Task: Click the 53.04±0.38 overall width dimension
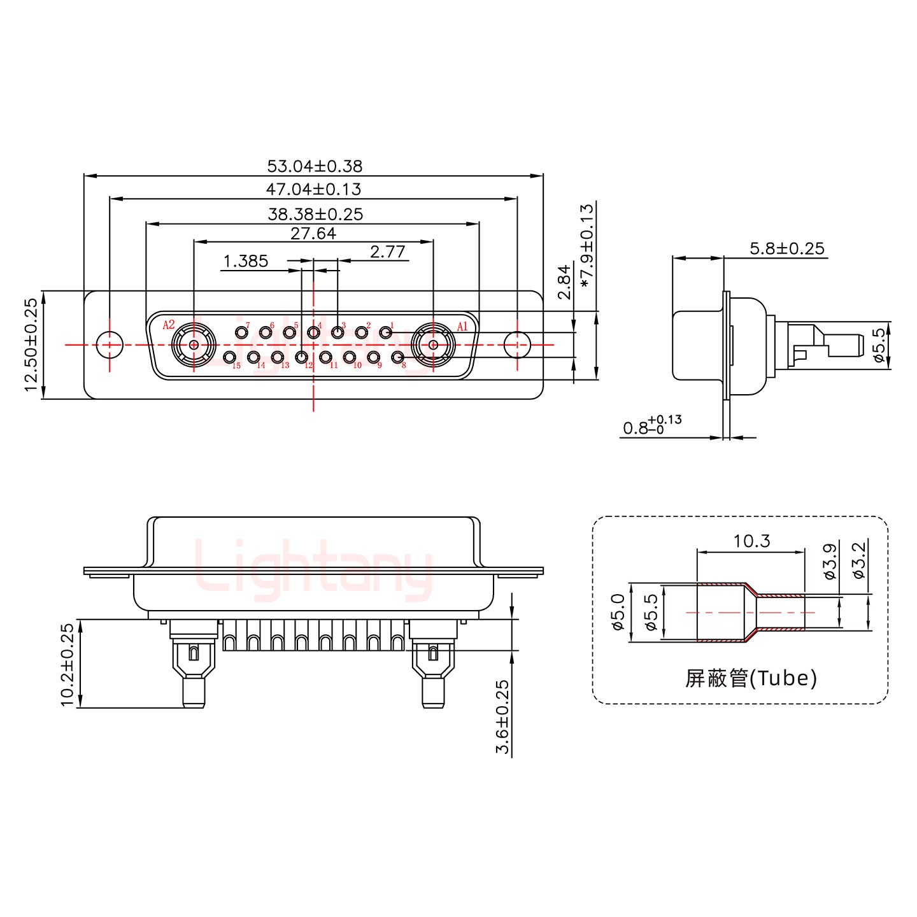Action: click(x=314, y=166)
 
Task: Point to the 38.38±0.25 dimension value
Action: click(x=315, y=214)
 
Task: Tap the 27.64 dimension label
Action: click(x=313, y=233)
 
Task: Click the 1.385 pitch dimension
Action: click(x=245, y=261)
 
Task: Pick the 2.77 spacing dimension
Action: click(x=387, y=252)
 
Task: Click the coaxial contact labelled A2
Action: click(x=193, y=346)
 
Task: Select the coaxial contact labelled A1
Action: click(x=433, y=346)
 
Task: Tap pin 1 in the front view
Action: click(x=385, y=332)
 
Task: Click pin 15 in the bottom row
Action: click(x=230, y=358)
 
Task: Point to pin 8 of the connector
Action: click(x=397, y=358)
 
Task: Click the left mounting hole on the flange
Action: click(x=110, y=345)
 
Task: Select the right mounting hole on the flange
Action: click(x=516, y=345)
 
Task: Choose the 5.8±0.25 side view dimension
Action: click(x=786, y=248)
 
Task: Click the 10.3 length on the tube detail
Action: click(x=751, y=541)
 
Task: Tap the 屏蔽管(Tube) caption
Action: click(x=751, y=678)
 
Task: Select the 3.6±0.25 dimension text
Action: click(x=502, y=717)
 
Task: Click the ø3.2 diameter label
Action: click(x=858, y=560)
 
